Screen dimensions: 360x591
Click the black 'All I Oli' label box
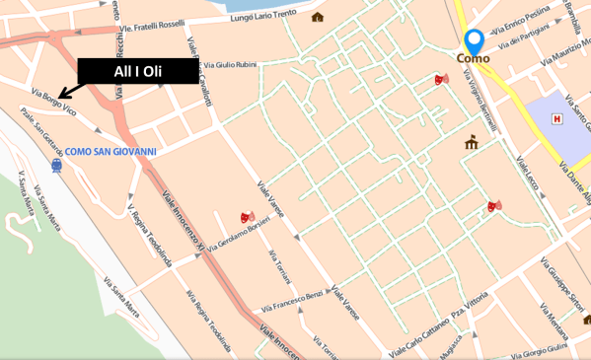click(x=138, y=70)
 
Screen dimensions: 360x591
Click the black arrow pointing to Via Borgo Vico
click(x=70, y=92)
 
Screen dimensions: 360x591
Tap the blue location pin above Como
click(x=474, y=41)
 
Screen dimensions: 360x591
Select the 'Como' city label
click(x=473, y=59)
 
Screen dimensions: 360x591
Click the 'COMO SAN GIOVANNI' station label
click(x=111, y=152)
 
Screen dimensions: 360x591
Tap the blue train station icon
click(x=56, y=166)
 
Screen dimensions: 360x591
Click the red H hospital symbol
click(x=556, y=118)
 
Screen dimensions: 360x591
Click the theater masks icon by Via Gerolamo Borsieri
click(x=247, y=216)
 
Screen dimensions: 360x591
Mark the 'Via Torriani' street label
click(x=280, y=265)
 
